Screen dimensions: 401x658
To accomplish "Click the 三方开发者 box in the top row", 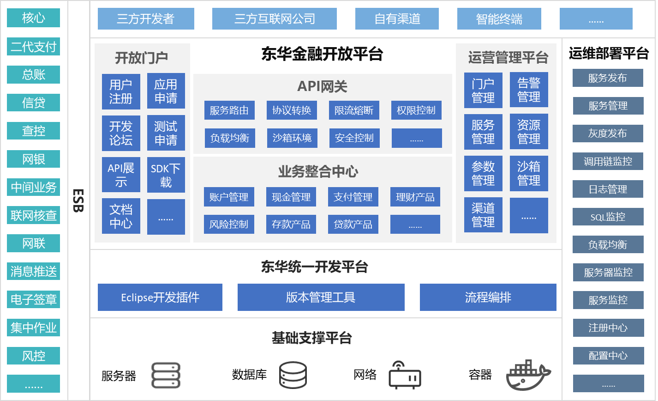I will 146,19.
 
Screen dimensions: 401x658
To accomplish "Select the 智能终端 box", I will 499,19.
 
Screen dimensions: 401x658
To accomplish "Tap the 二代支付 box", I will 34,47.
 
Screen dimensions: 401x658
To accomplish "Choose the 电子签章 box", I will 34,300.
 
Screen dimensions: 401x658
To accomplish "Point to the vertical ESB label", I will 79,200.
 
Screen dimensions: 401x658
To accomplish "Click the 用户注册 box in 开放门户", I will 121,91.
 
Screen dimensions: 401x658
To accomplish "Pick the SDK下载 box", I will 166,175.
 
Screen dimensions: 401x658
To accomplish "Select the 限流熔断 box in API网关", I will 354,110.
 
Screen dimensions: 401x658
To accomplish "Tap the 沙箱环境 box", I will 292,138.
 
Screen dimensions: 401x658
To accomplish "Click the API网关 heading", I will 322,86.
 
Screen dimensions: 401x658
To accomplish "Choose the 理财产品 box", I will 415,197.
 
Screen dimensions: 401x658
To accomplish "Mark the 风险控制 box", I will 229,225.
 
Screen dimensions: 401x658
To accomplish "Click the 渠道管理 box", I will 483,215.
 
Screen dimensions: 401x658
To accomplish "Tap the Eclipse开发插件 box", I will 160,297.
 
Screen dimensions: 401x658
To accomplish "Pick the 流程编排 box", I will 488,297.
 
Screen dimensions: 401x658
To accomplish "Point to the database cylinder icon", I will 293,375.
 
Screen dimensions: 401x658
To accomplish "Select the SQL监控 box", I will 608,217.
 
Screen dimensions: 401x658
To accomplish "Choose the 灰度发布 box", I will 608,134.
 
